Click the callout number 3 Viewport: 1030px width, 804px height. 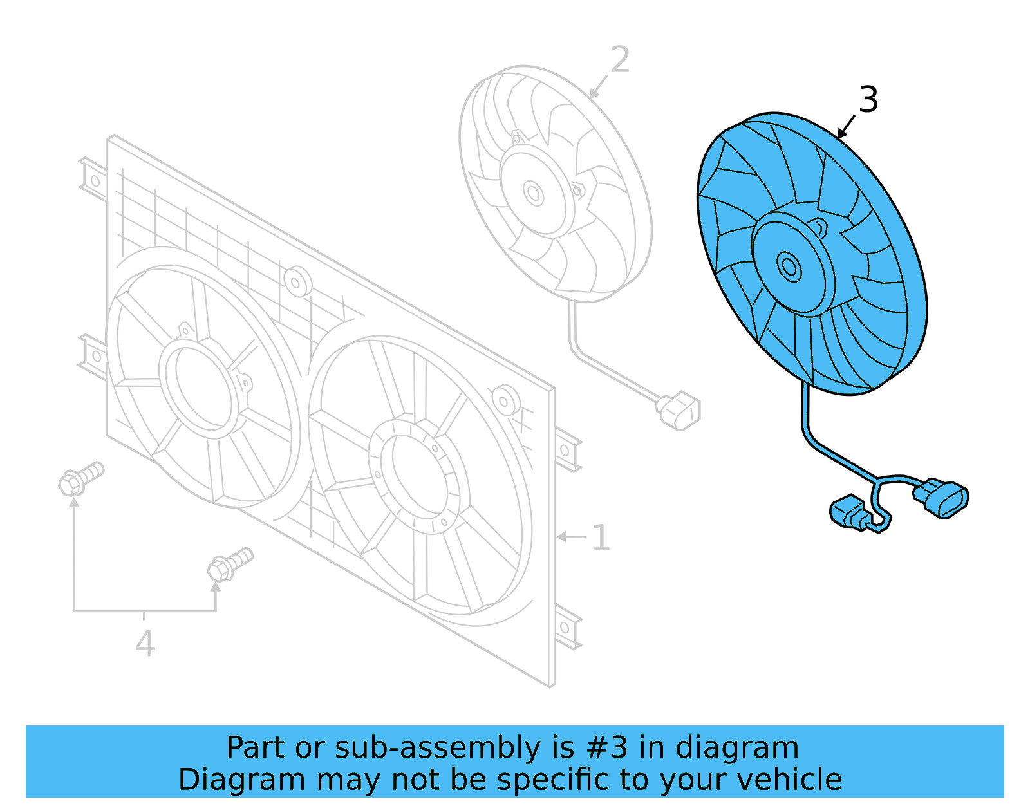(868, 100)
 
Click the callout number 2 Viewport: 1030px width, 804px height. (620, 60)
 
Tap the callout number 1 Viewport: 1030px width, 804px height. (600, 538)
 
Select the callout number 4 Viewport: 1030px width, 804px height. (145, 643)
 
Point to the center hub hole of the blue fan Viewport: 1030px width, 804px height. (789, 266)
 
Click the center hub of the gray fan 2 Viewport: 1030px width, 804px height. (534, 193)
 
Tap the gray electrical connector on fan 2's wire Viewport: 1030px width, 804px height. (679, 411)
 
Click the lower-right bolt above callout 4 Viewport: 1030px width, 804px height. (229, 564)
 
